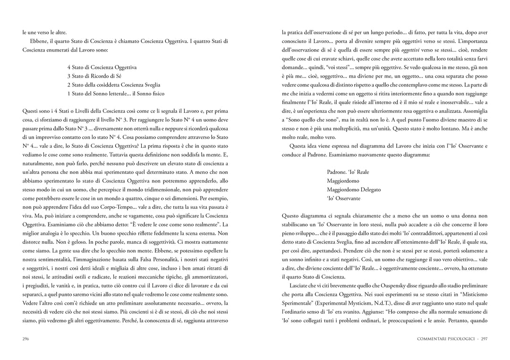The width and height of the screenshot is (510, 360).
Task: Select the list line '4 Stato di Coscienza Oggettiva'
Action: pos(102,68)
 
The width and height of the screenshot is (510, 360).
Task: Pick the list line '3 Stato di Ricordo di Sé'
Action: pos(94,76)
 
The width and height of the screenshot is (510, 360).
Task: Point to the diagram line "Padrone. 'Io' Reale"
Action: pos(348,172)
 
